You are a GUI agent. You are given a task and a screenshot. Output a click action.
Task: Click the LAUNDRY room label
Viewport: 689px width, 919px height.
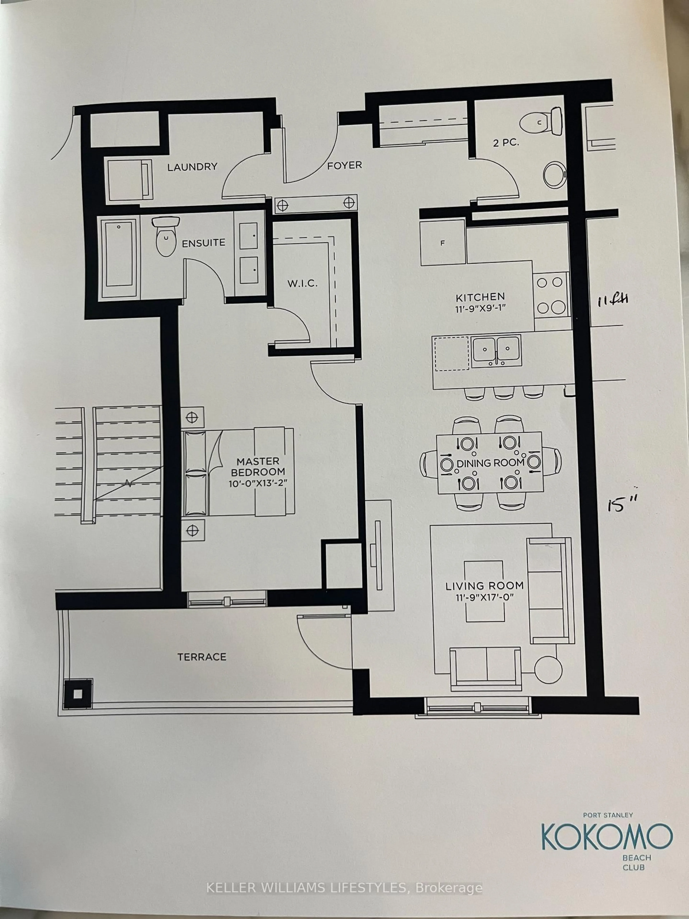(x=192, y=167)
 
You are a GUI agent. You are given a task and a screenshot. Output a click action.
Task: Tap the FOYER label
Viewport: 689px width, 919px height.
(x=344, y=165)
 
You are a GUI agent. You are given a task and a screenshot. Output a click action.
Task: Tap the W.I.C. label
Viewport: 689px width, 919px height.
(x=302, y=284)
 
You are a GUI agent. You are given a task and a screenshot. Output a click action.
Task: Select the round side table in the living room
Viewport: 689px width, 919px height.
(x=548, y=670)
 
